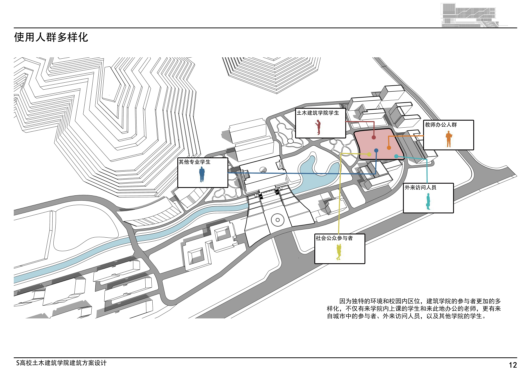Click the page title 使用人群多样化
[51, 37]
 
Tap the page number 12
[513, 365]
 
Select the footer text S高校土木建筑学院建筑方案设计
[61, 363]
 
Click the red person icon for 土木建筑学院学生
[319, 127]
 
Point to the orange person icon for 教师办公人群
[449, 139]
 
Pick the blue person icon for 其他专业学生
[202, 174]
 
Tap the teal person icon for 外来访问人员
[428, 201]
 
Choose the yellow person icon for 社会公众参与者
[339, 252]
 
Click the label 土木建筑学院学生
[318, 113]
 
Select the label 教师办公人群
[441, 125]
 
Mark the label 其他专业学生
[194, 162]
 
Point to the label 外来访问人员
[420, 188]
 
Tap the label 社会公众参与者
[334, 238]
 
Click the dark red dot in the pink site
[374, 137]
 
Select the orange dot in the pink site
[389, 148]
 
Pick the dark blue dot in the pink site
[376, 151]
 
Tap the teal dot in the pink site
[396, 156]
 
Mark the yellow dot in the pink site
[369, 154]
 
